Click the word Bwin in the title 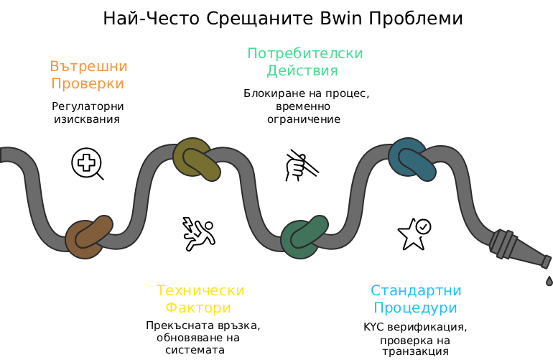tap(341, 19)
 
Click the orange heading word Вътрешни tap(88, 66)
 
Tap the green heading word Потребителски tap(305, 54)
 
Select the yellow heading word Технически tap(200, 290)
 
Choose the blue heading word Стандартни tap(416, 290)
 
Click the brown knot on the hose tap(89, 236)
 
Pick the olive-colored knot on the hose tap(197, 160)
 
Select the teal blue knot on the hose tap(412, 160)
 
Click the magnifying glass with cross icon tap(87, 164)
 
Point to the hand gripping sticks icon tap(302, 165)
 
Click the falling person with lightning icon tap(198, 234)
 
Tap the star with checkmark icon tap(414, 234)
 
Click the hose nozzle tap(519, 249)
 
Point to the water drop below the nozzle tap(549, 280)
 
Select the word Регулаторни tap(88, 106)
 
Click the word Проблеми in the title tap(415, 19)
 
